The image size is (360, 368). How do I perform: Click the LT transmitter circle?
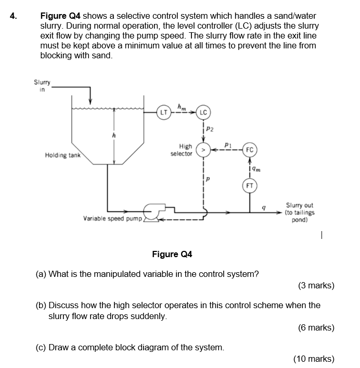164,112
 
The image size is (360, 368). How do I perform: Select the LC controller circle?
203,112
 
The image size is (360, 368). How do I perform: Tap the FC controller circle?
250,150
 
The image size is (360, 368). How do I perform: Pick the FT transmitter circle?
250,185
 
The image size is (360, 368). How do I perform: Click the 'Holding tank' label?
62,155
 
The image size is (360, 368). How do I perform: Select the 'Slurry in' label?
42,85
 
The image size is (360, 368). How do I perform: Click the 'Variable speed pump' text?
112,219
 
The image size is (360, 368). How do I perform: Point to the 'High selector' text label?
183,150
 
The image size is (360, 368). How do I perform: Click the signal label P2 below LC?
209,129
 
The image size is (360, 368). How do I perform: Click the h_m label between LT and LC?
182,107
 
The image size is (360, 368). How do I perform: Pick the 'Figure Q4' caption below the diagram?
172,254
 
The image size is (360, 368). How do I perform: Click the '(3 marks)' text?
316,285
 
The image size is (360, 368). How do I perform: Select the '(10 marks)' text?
314,359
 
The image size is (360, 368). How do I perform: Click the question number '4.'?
14,16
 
